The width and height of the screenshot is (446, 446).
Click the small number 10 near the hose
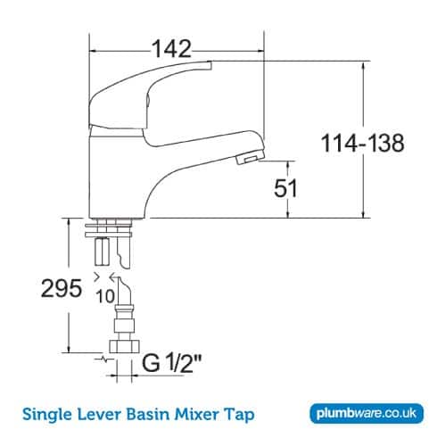[x=104, y=294]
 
